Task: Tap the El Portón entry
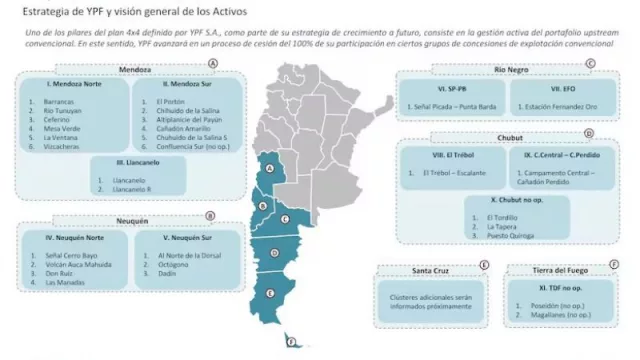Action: click(171, 102)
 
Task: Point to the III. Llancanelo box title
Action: click(128, 161)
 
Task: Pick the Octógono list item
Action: click(173, 264)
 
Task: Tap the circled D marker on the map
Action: click(274, 253)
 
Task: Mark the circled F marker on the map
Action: click(291, 342)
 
